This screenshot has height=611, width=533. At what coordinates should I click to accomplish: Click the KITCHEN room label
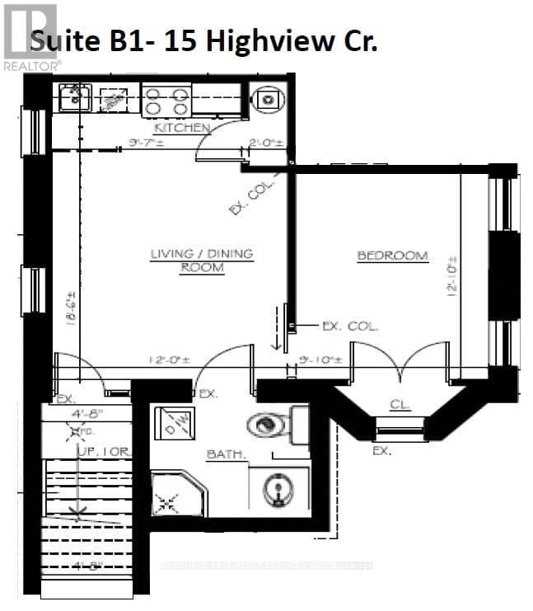tap(183, 129)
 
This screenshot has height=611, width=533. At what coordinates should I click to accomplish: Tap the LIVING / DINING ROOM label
tap(201, 261)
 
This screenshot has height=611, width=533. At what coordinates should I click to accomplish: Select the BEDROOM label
tap(392, 256)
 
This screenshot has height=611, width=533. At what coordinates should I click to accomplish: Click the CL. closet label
tap(400, 405)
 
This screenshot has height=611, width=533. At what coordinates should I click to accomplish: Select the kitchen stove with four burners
tap(166, 101)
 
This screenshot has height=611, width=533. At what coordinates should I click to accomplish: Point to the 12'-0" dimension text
tap(170, 360)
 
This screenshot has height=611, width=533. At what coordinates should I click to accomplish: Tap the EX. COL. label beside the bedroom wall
tap(349, 327)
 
